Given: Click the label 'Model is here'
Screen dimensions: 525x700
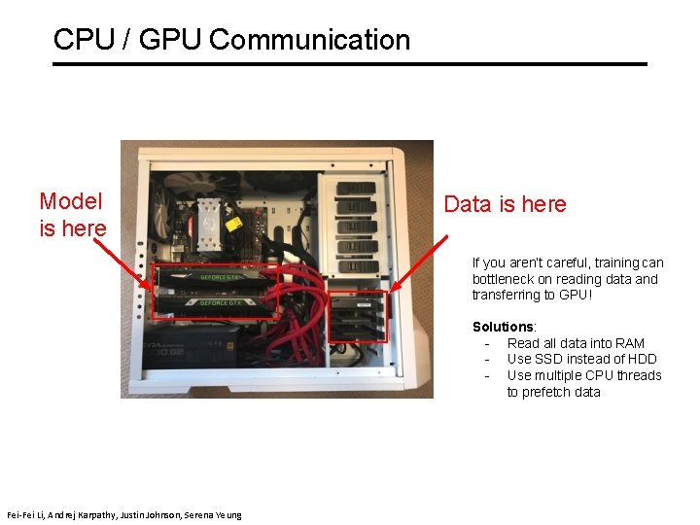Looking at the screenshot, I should (x=71, y=214).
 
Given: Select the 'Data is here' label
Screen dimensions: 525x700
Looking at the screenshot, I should (x=505, y=204).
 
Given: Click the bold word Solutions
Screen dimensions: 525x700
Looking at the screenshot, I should (x=503, y=327).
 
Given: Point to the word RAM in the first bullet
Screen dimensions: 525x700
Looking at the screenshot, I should (x=629, y=343).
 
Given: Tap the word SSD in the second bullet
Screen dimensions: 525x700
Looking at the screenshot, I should (x=555, y=360).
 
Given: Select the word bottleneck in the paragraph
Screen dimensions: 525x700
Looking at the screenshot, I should (x=506, y=279).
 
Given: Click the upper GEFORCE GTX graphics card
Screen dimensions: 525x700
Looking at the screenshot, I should (x=216, y=277).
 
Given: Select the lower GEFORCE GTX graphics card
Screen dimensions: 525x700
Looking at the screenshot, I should (x=216, y=302).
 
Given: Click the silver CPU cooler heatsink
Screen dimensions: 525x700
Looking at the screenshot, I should (x=210, y=216).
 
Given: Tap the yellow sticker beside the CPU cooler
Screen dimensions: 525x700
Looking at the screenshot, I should (x=234, y=223).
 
